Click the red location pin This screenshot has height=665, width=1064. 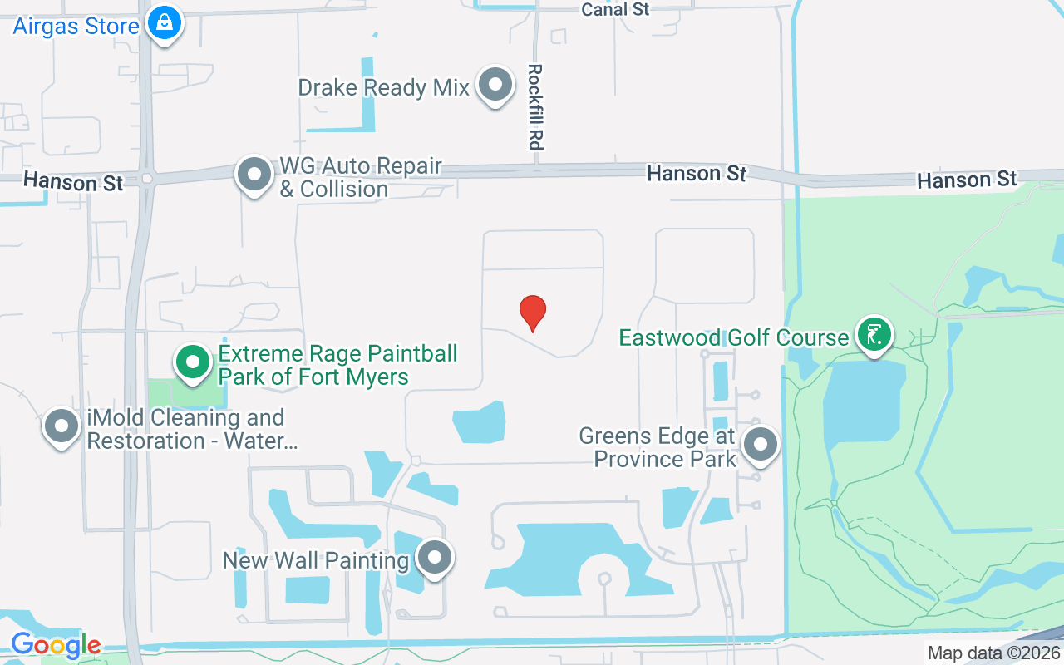[533, 313]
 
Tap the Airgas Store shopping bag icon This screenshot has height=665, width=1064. [165, 23]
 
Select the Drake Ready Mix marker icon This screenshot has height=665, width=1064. [496, 85]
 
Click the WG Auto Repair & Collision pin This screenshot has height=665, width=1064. [254, 175]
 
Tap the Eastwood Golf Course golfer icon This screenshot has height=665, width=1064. [874, 335]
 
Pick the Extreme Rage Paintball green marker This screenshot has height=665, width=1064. [194, 362]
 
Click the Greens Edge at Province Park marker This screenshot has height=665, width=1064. [760, 444]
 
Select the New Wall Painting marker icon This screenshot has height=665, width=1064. [434, 559]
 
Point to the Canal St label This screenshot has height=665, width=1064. [615, 9]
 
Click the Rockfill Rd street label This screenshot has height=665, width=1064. [535, 107]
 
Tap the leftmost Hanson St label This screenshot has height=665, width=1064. [73, 180]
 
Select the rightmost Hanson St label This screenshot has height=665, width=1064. [967, 180]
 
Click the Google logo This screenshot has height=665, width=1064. [56, 644]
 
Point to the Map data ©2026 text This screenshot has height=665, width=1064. [993, 653]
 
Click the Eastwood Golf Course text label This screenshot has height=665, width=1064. [734, 337]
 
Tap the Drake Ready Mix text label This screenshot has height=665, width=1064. [384, 87]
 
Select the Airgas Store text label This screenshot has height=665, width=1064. [76, 26]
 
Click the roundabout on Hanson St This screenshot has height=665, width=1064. [147, 177]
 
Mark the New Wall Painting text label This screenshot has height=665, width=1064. [315, 561]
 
